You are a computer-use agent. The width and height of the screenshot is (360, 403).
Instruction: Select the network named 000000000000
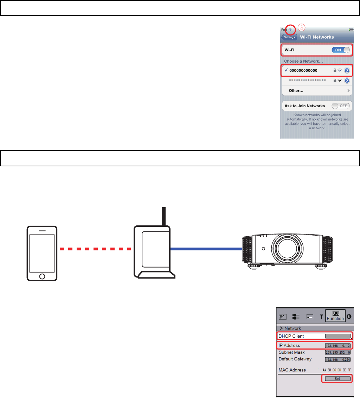(x=303, y=70)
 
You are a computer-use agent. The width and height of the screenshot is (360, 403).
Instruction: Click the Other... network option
(x=296, y=90)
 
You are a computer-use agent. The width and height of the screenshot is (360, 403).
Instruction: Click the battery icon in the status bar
(x=351, y=29)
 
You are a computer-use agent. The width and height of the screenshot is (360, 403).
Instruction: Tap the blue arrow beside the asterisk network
(x=347, y=81)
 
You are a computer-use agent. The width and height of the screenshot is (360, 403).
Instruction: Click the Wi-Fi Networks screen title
(x=317, y=37)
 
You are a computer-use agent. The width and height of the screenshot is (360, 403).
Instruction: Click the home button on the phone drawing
(x=42, y=276)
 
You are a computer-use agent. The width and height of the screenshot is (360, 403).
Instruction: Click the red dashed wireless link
(x=95, y=249)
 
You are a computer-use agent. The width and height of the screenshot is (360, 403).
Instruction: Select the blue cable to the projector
(x=206, y=249)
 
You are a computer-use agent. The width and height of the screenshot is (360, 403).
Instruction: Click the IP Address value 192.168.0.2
(x=337, y=346)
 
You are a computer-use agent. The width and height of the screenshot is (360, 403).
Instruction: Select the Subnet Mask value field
(x=337, y=353)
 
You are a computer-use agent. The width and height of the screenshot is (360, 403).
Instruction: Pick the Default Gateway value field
(x=337, y=360)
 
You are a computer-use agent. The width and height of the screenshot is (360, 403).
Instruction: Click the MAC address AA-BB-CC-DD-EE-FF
(x=336, y=370)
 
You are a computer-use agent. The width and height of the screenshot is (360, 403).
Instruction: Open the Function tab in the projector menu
(x=335, y=316)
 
